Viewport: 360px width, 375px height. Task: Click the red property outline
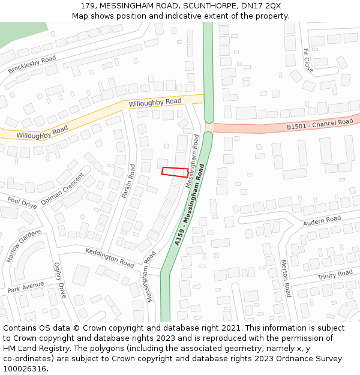[x=175, y=172]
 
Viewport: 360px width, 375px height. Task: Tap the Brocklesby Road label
[x=32, y=65]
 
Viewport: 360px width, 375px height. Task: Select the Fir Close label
[x=308, y=61]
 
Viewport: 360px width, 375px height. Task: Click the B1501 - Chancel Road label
[x=320, y=124]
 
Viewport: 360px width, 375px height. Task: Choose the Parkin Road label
[x=128, y=180]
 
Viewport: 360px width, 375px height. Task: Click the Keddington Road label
[x=110, y=257]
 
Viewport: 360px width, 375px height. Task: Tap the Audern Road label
[x=322, y=221]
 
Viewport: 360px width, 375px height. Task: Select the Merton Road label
[x=286, y=278]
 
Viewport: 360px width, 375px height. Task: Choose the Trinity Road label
[x=335, y=275]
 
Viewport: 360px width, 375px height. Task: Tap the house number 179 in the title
[x=88, y=6]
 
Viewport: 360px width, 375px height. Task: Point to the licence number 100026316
[x=25, y=369]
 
